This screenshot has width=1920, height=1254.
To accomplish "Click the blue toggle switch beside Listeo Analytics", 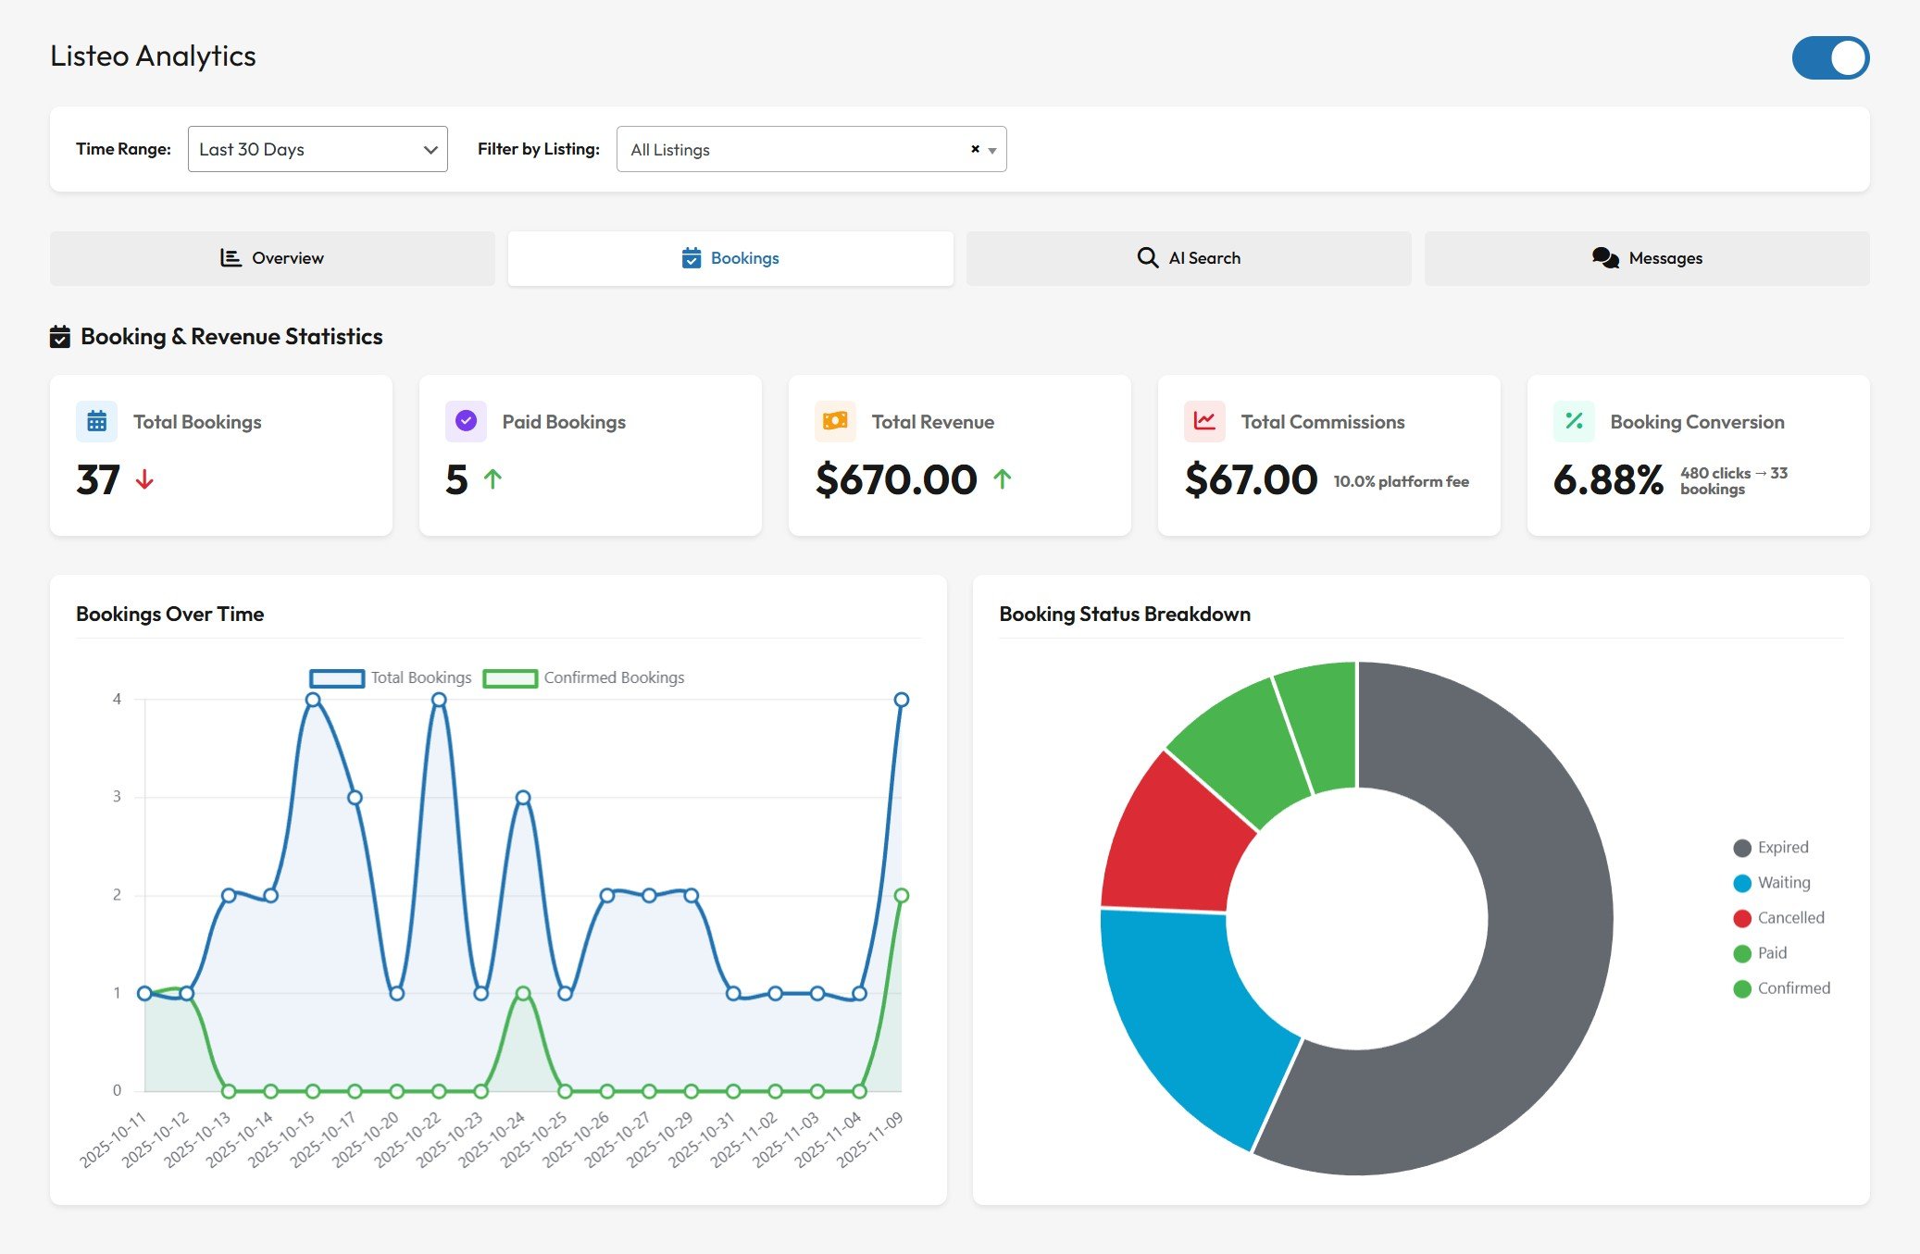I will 1829,58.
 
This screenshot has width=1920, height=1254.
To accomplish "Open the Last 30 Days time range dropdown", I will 318,149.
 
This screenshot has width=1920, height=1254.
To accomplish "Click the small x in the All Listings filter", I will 975,149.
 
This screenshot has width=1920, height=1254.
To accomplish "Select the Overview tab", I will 272,258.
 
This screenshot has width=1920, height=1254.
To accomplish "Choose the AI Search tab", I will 1189,258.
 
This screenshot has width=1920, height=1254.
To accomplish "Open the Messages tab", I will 1647,258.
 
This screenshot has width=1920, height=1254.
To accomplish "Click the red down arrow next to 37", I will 144,479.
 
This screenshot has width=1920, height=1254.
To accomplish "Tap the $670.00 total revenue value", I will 895,479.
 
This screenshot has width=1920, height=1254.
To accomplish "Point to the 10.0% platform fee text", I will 1401,481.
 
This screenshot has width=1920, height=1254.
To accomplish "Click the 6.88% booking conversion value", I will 1608,479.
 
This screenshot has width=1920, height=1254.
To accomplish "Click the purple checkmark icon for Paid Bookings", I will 466,421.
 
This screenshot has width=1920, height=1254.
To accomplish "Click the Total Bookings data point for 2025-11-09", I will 902,700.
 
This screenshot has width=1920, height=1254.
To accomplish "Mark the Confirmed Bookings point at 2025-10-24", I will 523,993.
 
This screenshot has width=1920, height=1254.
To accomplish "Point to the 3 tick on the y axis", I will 117,797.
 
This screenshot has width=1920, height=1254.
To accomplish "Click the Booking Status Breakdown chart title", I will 1124,615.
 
